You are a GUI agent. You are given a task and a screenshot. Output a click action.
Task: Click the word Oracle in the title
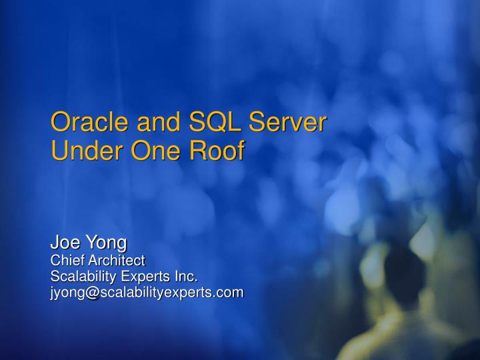click(89, 123)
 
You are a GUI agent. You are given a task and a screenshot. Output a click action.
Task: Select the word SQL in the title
click(213, 123)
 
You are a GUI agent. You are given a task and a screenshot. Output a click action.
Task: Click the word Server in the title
click(287, 123)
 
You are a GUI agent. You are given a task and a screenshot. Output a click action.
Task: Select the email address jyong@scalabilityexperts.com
click(147, 292)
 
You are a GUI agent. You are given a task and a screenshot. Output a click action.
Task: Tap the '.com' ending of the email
click(230, 292)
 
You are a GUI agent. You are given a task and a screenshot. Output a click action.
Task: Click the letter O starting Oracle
click(61, 123)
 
